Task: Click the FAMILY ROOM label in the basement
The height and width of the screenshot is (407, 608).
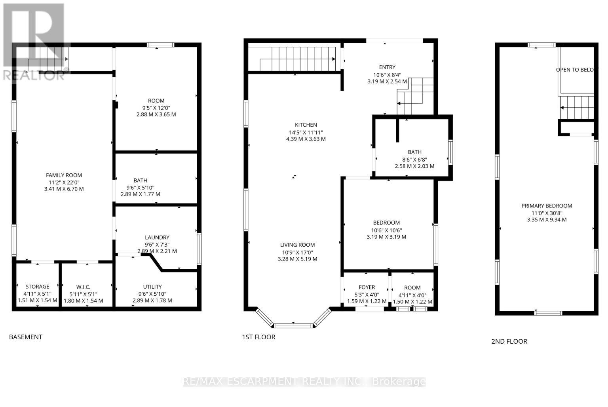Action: click(64, 175)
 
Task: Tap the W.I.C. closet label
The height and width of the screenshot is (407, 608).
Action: click(83, 287)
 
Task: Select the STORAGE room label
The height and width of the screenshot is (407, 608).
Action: click(38, 287)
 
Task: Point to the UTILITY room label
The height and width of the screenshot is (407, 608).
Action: click(152, 287)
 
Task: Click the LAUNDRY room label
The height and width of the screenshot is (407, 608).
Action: click(157, 238)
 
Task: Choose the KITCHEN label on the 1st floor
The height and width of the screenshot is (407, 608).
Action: click(306, 125)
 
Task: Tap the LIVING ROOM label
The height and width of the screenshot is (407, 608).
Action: click(298, 245)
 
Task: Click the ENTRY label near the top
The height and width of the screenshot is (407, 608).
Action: click(387, 67)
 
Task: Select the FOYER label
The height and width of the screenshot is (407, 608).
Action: click(367, 287)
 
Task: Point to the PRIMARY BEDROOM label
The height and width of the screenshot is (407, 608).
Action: click(547, 206)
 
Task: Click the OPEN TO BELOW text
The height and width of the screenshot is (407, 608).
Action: click(576, 70)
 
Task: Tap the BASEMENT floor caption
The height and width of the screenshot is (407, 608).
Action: click(26, 337)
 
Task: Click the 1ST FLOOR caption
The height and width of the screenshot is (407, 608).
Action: click(258, 337)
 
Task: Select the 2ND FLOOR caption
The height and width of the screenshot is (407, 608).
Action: click(509, 341)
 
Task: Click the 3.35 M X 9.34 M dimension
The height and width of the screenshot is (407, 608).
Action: click(547, 220)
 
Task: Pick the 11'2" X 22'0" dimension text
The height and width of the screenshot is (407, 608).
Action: click(64, 182)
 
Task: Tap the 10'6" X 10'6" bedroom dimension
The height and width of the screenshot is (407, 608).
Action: click(386, 230)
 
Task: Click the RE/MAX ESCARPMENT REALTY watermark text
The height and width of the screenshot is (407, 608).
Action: click(304, 382)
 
